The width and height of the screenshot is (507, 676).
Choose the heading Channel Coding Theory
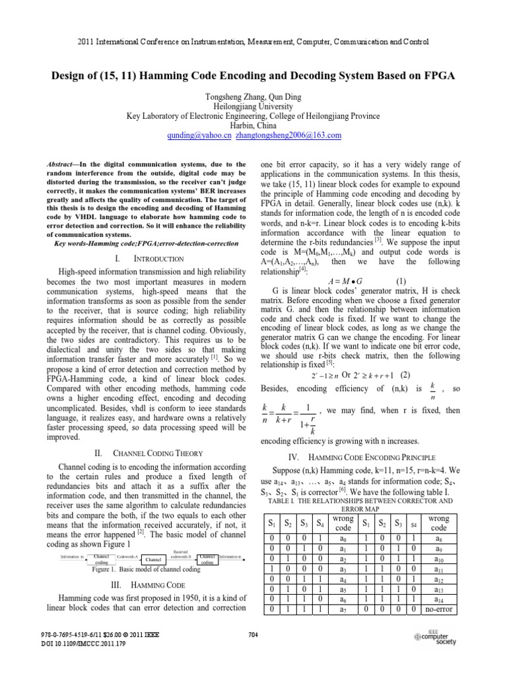(146, 453)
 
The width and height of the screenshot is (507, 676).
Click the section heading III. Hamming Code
(147, 585)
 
